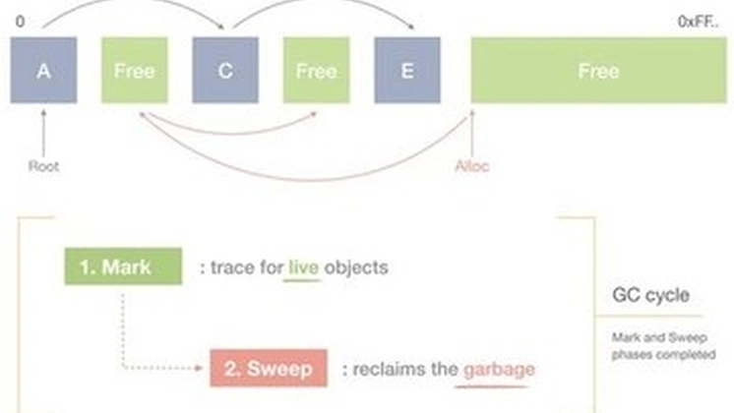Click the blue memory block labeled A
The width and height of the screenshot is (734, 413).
coord(43,71)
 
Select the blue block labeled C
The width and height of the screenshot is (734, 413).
coord(225,71)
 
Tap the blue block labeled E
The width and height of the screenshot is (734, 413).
coord(406,71)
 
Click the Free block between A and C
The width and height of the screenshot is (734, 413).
coord(134,71)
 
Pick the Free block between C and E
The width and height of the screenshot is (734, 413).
coord(316,71)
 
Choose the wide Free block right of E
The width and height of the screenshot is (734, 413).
coord(598,71)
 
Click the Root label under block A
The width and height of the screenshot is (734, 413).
coord(43,166)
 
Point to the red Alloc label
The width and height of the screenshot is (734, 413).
coord(472,166)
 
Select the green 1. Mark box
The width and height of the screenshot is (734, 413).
coord(123,266)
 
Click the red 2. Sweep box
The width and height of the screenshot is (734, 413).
coord(268,369)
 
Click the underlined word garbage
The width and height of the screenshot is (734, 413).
coord(500,370)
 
